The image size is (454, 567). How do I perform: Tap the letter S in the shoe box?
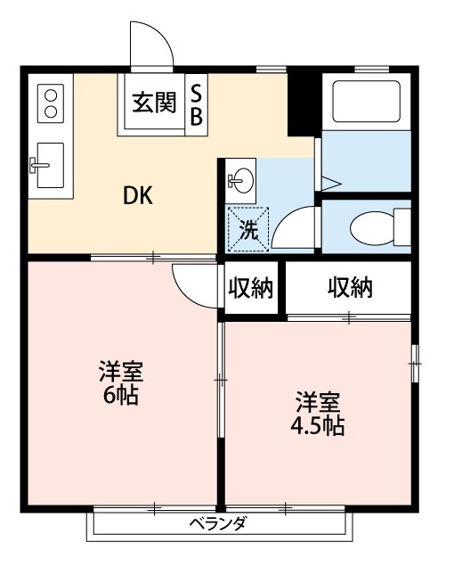pos(197,93)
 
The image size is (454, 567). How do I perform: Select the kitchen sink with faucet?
pos(50,165)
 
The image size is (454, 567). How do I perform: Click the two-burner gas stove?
pos(50,102)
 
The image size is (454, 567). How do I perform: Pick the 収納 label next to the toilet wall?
pos(349,288)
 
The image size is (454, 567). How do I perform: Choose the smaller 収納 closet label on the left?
pos(252,288)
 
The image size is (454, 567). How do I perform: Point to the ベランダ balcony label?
pos(218,524)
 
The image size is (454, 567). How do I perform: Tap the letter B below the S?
pos(197,116)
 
